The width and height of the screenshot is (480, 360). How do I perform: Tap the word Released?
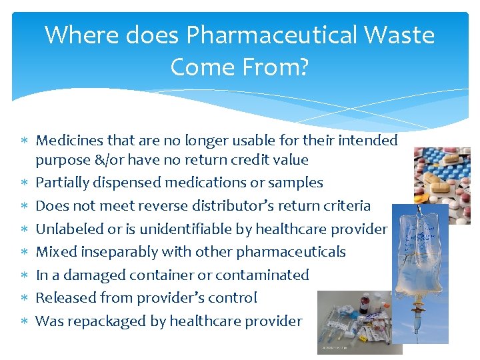pos(64,298)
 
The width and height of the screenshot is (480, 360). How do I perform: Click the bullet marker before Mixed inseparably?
pos(23,253)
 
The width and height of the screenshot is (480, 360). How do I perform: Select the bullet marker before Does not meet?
pos(23,207)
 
